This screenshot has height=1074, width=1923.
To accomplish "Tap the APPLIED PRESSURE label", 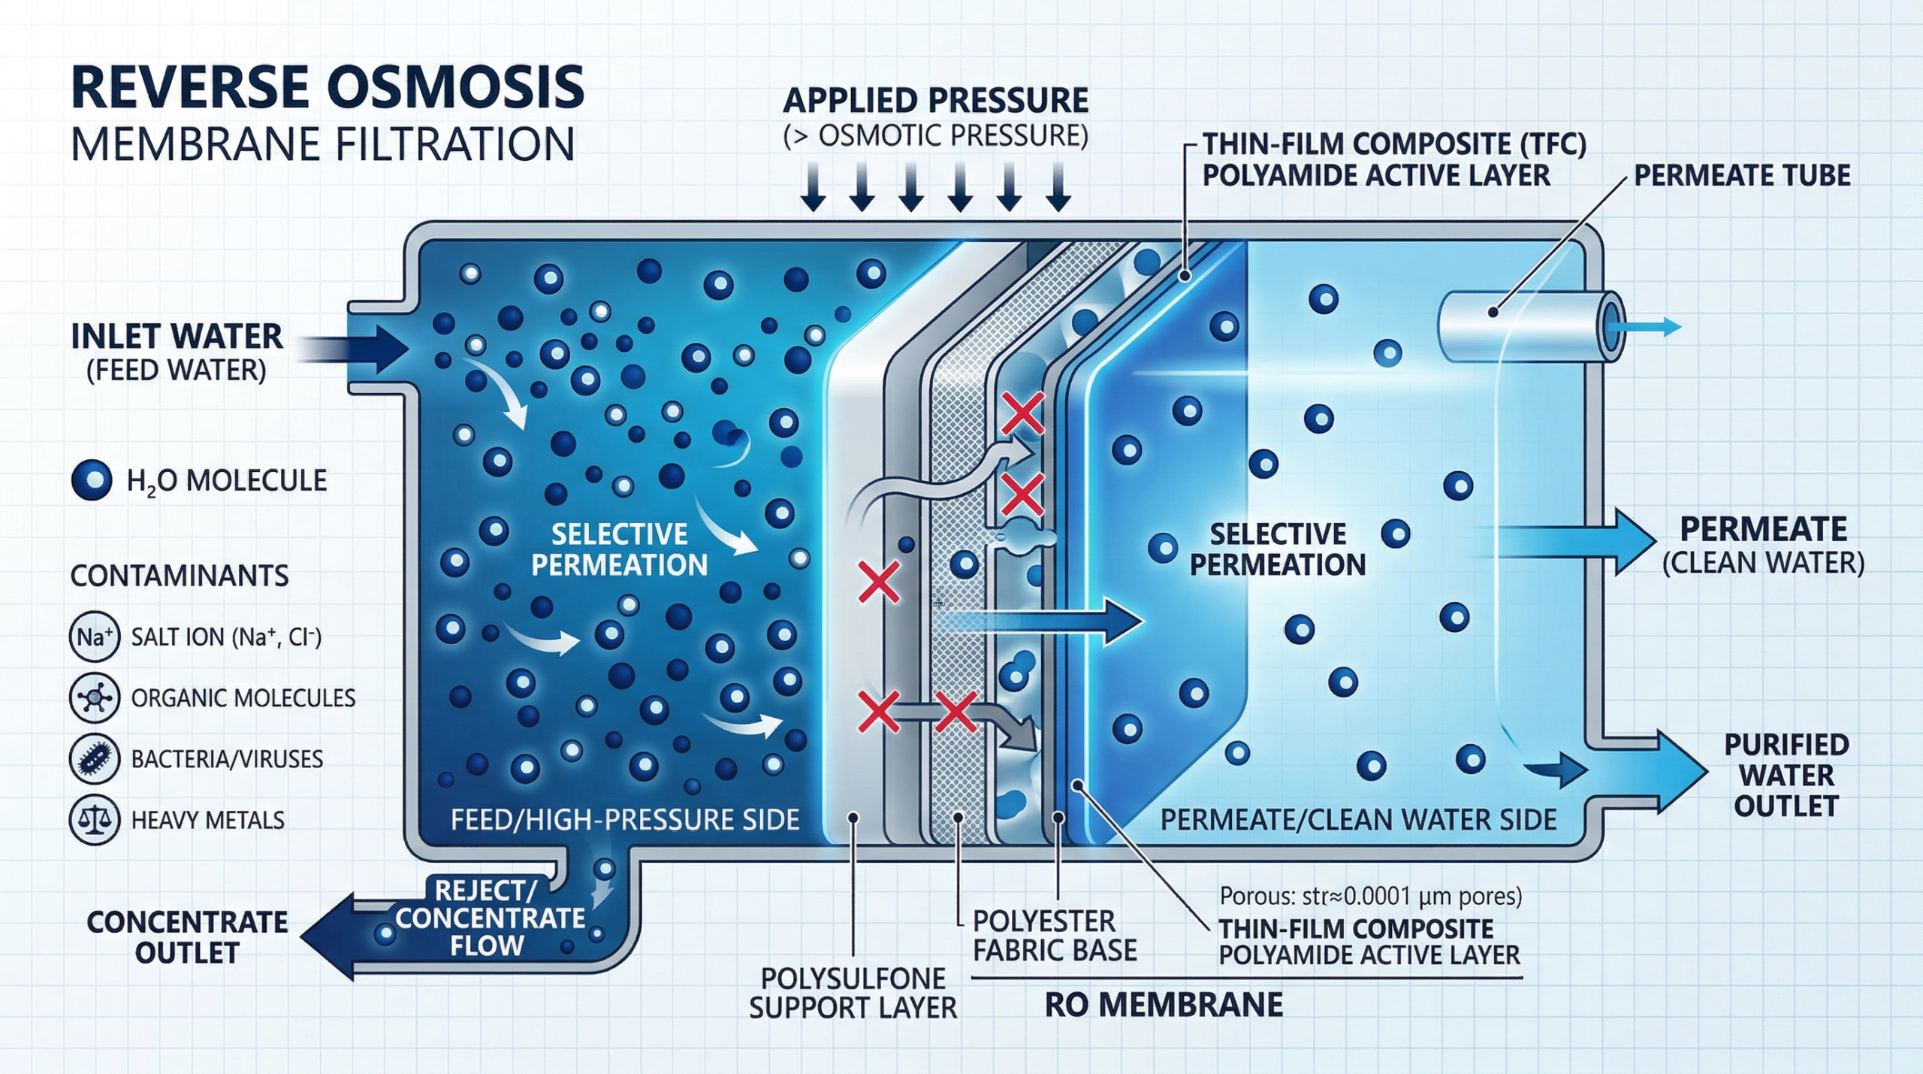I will click(x=935, y=101).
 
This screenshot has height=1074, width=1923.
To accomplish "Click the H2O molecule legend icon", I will click(x=92, y=480).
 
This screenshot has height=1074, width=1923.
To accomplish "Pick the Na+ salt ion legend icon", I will click(x=94, y=637).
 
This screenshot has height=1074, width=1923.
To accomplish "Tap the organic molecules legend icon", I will click(x=94, y=698).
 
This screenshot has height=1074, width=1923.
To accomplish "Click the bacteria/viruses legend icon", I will click(x=94, y=759).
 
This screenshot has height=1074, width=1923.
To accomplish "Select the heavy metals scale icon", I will click(x=94, y=820).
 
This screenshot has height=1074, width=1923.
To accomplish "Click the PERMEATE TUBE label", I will click(x=1741, y=176).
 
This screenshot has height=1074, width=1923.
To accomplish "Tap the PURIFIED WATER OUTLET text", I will click(x=1786, y=775).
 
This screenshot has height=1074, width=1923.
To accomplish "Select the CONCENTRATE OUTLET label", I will click(x=187, y=937).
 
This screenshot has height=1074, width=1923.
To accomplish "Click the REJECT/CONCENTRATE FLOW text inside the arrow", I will click(x=488, y=918).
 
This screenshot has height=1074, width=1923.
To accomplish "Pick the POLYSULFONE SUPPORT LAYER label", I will click(x=853, y=993).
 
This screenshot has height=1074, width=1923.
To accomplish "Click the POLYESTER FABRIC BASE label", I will click(x=1054, y=936).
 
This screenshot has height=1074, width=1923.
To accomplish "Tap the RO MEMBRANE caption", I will click(x=1164, y=1006).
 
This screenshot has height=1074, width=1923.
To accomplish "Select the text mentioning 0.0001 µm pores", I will click(x=1370, y=896).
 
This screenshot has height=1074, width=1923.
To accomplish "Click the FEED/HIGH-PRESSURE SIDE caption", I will click(x=625, y=819).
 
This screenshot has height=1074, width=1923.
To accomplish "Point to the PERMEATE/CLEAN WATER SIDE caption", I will click(x=1358, y=819).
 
